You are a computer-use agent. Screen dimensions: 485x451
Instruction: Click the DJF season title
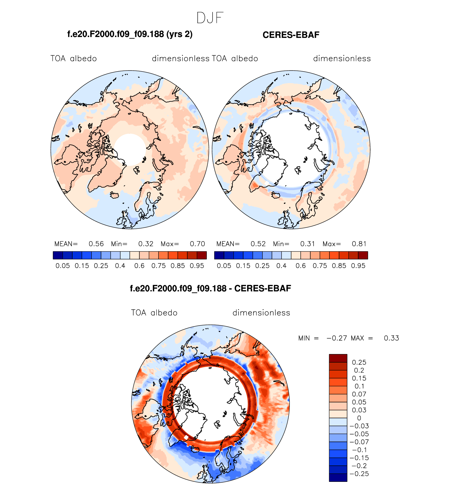coord(210,18)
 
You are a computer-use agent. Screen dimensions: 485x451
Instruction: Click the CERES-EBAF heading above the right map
coord(291,35)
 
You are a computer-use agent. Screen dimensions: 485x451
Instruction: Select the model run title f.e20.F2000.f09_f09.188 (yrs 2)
coord(130,34)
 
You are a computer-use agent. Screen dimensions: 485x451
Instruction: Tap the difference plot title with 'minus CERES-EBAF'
coord(210,288)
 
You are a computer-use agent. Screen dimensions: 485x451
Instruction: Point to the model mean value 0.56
coord(96,244)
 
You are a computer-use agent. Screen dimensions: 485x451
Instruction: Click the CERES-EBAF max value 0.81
coord(359,244)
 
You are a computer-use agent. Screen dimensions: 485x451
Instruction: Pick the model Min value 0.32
coord(146,244)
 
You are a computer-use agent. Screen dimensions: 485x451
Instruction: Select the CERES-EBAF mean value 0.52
coord(258,244)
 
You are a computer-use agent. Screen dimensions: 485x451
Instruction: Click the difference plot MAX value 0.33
coord(391,338)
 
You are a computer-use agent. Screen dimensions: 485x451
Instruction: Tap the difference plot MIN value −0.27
coord(337,338)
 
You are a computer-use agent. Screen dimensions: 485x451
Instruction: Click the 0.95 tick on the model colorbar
coord(197,266)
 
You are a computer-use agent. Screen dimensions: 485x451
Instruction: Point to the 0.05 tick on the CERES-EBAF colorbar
coord(224,266)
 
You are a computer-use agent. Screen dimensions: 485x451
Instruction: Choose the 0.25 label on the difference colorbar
coord(359,362)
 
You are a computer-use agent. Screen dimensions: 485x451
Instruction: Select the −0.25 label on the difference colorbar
coord(359,474)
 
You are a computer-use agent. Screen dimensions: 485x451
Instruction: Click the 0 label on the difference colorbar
coord(359,418)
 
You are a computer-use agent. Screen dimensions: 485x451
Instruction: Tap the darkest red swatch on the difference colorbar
coord(338,358)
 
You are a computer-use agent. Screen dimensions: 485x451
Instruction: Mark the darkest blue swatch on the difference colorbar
coord(338,478)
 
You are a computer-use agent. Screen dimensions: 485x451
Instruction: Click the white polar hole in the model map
coord(130,149)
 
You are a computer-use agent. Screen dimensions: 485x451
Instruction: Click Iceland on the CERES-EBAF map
coord(276,196)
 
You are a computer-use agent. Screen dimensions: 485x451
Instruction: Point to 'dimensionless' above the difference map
coord(261,313)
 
